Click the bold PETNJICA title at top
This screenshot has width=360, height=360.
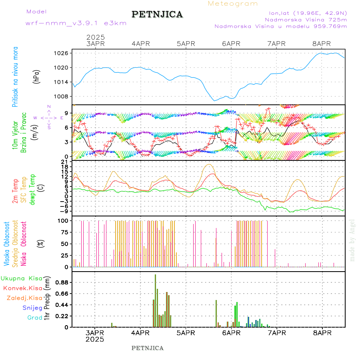157,14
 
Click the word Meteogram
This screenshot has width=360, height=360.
233,4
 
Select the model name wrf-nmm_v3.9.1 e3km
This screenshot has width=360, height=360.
76,23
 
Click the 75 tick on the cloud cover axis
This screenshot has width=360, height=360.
62,232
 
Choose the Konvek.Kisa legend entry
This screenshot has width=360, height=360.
23,288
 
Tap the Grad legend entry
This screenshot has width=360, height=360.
34,318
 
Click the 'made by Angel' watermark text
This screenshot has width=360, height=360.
352,240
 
